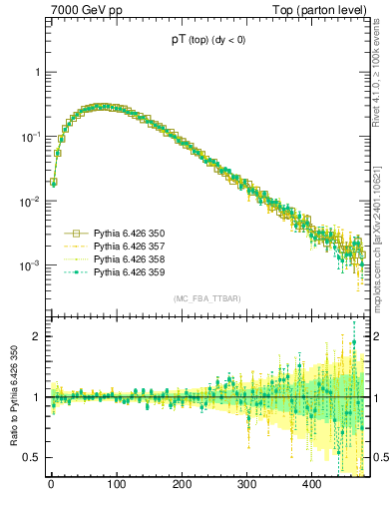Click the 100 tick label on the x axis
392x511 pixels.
(x=116, y=485)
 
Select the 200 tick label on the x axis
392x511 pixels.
(x=182, y=485)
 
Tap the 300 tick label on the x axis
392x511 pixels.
(x=246, y=485)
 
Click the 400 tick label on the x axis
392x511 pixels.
(x=312, y=485)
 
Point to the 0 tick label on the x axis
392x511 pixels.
(x=51, y=485)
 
